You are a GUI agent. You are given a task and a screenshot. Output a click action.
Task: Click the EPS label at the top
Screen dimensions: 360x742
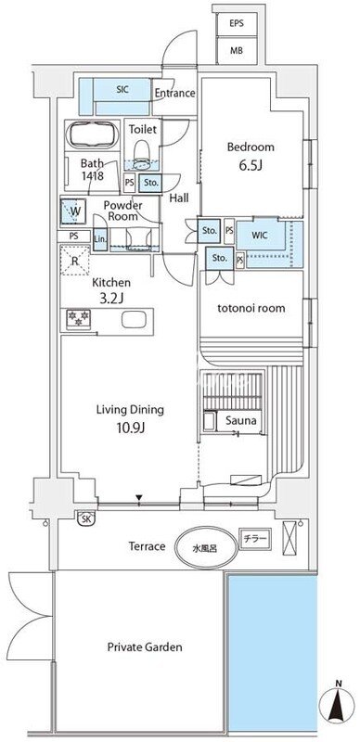[237, 23]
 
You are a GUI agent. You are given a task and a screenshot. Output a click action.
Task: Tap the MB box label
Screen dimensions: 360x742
[237, 50]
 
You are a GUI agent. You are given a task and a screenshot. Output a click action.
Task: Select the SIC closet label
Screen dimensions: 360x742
[122, 89]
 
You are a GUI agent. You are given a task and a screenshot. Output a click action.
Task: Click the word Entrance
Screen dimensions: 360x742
[174, 94]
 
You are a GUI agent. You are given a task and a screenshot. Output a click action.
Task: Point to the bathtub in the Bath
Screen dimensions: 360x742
[92, 134]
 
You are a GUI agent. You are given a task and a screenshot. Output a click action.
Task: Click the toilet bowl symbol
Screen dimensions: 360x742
[141, 154]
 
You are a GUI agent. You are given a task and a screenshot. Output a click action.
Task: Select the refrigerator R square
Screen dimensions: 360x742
[75, 261]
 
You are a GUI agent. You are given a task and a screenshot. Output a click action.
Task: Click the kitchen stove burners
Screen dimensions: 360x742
[78, 317]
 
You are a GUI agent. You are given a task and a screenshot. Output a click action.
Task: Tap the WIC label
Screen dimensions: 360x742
[261, 235]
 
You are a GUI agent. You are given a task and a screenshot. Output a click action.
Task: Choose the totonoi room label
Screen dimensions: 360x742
[251, 308]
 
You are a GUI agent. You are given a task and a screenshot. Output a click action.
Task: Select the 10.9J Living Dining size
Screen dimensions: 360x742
[130, 429]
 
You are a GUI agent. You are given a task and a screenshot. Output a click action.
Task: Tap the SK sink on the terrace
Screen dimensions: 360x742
[85, 518]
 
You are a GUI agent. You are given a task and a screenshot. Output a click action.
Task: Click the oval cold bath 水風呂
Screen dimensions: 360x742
[205, 549]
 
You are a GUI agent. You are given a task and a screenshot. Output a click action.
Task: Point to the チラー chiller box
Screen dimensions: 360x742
[256, 539]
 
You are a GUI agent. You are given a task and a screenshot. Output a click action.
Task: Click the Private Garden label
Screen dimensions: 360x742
[144, 646]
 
